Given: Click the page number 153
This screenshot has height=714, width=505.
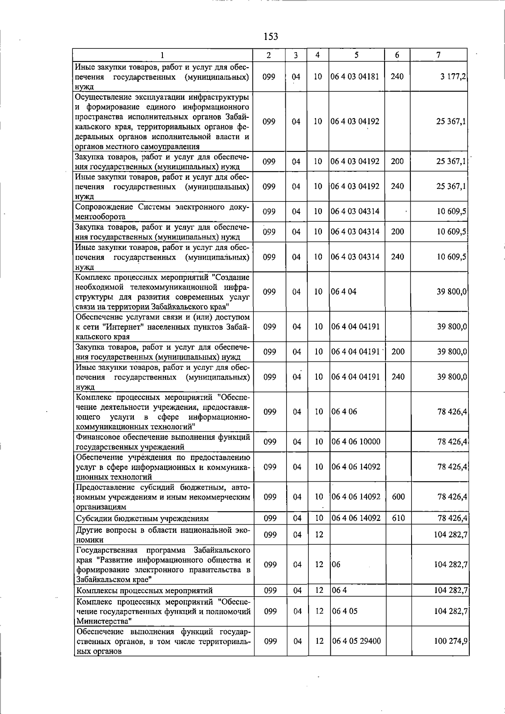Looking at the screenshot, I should point(271,37).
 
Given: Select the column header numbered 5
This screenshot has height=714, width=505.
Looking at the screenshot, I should point(356,55).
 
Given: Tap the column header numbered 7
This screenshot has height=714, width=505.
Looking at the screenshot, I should point(439,55).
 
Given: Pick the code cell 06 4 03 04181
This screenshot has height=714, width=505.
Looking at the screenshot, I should point(355,77).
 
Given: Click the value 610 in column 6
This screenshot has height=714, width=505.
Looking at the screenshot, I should point(398,518).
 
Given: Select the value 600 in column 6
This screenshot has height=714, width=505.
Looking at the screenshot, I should point(398,497).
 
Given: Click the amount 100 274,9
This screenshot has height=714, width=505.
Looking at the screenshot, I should point(451,641).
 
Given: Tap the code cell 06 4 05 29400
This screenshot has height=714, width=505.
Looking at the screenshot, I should point(356,641).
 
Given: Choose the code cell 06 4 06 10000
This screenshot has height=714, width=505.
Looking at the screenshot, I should point(356,442).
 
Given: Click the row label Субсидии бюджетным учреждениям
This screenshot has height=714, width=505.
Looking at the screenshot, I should point(142,518).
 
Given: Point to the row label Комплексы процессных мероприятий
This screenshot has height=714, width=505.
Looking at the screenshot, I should point(144,591).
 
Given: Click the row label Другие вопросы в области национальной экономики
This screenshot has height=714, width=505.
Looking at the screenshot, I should point(163,535).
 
